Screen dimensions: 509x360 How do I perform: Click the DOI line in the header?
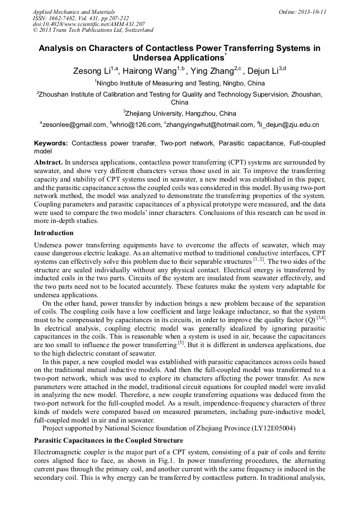[89, 24]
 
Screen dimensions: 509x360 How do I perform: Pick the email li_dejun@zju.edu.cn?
[289, 125]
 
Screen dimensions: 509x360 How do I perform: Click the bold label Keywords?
[51, 143]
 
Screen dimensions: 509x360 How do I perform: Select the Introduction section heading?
[54, 232]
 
